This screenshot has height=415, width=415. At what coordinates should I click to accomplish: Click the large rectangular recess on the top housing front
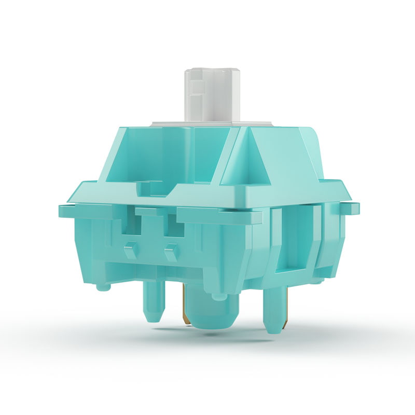[171, 156]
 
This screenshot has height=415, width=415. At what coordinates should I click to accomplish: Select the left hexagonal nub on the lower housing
[130, 251]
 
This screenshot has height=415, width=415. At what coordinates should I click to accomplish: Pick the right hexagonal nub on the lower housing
[171, 253]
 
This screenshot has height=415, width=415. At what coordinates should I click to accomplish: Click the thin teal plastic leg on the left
[154, 301]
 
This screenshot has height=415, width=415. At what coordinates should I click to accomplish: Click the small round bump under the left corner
[103, 285]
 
